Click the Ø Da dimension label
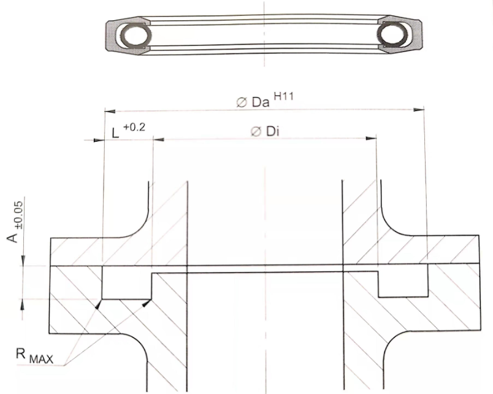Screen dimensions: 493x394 253,102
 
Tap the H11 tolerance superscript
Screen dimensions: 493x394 284,96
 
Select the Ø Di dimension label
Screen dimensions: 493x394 265,131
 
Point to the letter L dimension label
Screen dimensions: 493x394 116,133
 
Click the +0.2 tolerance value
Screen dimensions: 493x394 134,127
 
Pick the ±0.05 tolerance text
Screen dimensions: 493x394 19,215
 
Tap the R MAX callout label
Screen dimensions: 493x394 34,356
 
